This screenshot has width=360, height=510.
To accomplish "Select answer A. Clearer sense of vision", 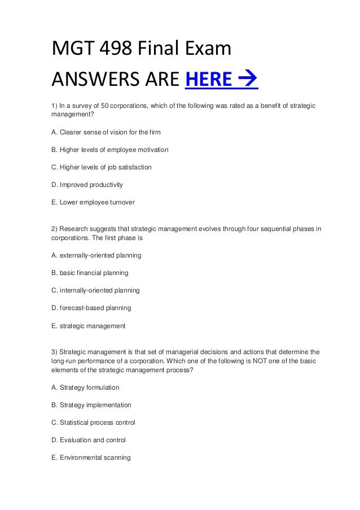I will tap(106, 132).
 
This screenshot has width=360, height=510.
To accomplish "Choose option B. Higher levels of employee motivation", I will tap(110, 150).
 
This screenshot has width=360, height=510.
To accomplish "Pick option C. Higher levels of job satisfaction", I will tap(102, 167).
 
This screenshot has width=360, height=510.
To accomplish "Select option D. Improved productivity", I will tap(87, 185).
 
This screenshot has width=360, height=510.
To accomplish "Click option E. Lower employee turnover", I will tap(93, 202).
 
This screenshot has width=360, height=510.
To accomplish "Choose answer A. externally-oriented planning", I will tap(96, 255).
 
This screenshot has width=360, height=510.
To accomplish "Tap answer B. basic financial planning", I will tap(90, 273).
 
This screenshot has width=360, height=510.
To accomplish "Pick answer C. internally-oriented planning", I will tap(95, 290).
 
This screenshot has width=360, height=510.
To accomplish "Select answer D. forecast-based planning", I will tap(91, 308).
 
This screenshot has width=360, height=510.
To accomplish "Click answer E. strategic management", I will tap(88, 326).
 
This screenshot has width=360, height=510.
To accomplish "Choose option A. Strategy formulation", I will tap(85, 387).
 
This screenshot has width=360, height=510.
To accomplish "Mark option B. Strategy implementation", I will tap(91, 405).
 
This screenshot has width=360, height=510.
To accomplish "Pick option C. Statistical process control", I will tap(93, 422).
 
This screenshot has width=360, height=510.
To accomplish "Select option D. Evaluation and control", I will tap(88, 440).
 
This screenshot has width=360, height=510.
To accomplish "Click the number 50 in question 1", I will tap(104, 106).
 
